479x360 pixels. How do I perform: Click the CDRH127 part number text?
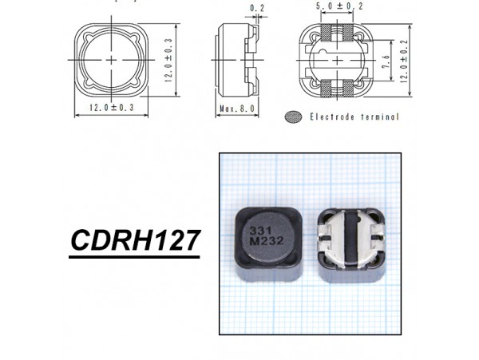tap(133, 240)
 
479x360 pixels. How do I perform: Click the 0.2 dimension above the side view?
tap(234, 9)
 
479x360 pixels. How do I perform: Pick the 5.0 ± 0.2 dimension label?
tap(336, 6)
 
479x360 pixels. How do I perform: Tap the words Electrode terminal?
tap(354, 117)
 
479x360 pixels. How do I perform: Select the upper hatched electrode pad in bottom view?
tap(336, 35)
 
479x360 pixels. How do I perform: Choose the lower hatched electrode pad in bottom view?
tap(336, 84)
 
